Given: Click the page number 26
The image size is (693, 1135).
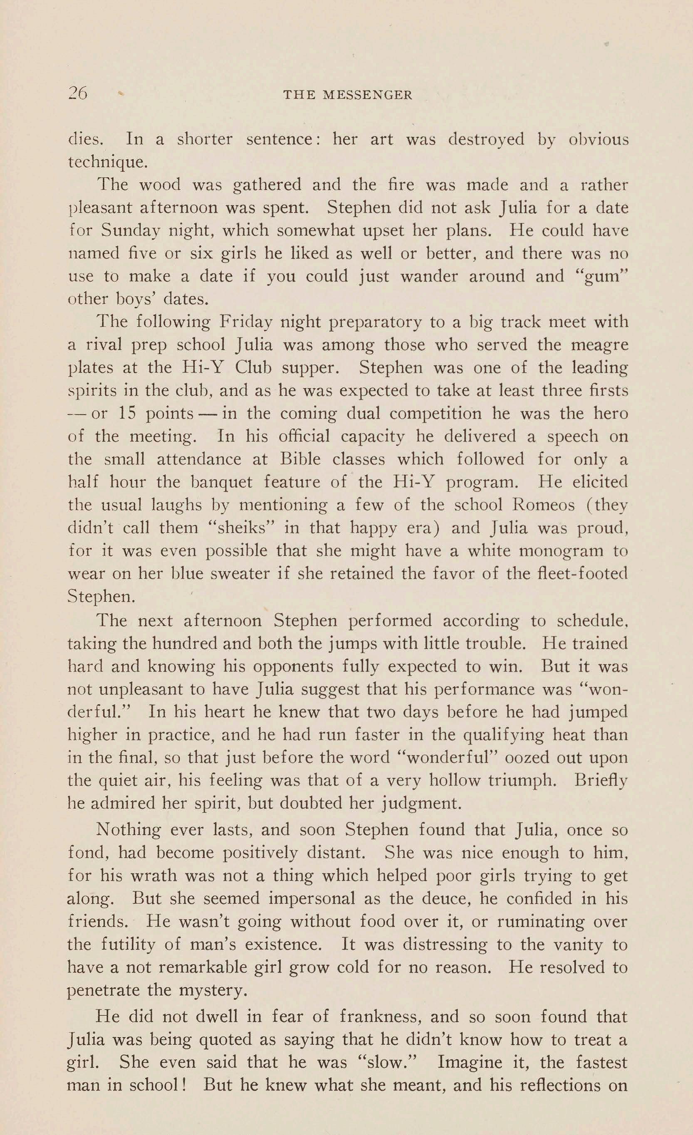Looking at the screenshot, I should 77,94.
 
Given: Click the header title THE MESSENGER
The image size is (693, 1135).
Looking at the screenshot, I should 347,95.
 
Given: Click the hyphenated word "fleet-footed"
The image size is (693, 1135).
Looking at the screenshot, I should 574,573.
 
